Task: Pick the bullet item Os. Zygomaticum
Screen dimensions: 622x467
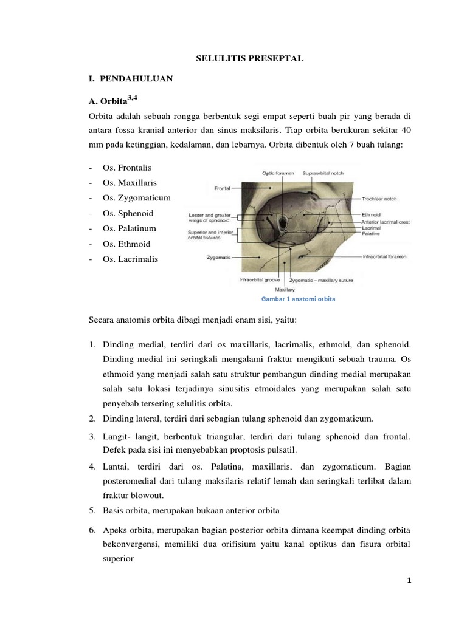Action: pyautogui.click(x=137, y=198)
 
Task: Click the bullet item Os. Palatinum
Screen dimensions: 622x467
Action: pyautogui.click(x=130, y=228)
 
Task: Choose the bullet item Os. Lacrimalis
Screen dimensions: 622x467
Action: pyautogui.click(x=130, y=259)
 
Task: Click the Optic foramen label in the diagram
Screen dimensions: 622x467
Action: pyautogui.click(x=278, y=173)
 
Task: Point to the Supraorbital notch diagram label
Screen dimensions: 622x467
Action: pyautogui.click(x=323, y=173)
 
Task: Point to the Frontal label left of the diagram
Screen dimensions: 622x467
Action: pyautogui.click(x=221, y=188)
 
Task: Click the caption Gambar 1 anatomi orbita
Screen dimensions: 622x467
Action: pyautogui.click(x=299, y=299)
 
